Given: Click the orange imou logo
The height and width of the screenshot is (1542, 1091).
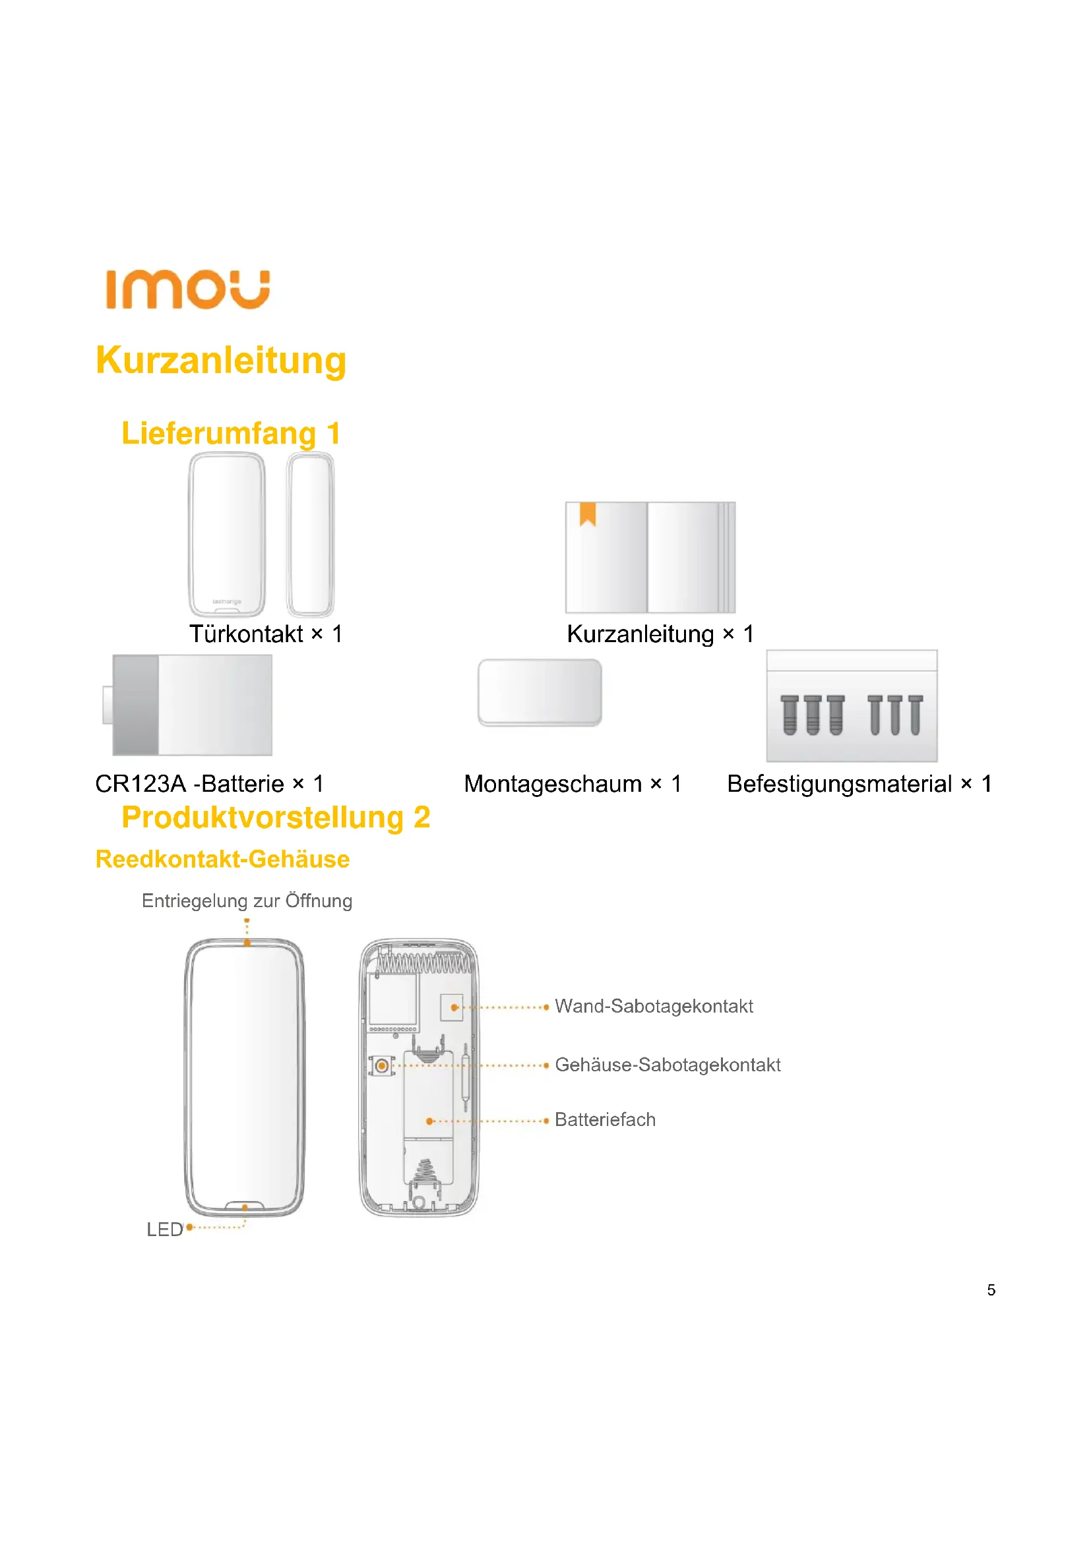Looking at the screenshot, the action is coord(187,289).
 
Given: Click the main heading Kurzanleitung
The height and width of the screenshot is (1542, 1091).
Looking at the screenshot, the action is coord(221,361).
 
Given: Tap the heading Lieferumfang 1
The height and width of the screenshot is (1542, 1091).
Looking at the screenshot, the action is coord(230,433).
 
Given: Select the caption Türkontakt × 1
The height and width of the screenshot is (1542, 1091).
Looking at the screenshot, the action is coord(266,634).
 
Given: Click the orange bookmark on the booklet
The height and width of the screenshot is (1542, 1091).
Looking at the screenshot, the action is coord(588,514).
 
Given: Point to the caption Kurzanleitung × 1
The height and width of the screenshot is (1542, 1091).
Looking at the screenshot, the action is coord(660,634).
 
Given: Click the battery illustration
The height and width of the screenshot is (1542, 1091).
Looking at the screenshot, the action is coord(191,705).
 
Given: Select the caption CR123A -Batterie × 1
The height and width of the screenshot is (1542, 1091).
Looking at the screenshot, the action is coord(210,784).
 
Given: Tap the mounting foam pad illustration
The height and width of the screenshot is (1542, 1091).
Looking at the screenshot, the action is coord(540,692).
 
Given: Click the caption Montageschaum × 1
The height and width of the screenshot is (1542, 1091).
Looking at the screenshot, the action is coord(573,784).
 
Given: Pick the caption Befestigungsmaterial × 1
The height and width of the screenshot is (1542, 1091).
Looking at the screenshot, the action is coord(859,784).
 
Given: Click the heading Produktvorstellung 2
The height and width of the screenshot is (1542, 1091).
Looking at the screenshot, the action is coord(276,817).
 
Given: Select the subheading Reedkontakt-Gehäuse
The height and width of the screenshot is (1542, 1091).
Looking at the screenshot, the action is coord(222,860).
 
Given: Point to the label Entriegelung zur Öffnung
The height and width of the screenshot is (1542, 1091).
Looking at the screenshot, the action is coord(247,901).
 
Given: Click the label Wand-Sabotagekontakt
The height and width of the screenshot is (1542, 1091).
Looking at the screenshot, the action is coord(654,1006).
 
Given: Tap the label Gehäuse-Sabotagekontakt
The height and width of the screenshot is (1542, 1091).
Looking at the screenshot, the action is coord(667,1065).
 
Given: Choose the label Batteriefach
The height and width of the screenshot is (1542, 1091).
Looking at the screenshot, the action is coord(605,1119).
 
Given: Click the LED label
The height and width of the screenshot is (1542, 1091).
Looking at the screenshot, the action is coord(165,1229).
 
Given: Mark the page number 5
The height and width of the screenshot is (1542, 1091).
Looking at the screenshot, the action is coord(991,1290).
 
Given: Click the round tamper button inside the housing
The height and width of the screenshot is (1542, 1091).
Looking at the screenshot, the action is coord(381,1065).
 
